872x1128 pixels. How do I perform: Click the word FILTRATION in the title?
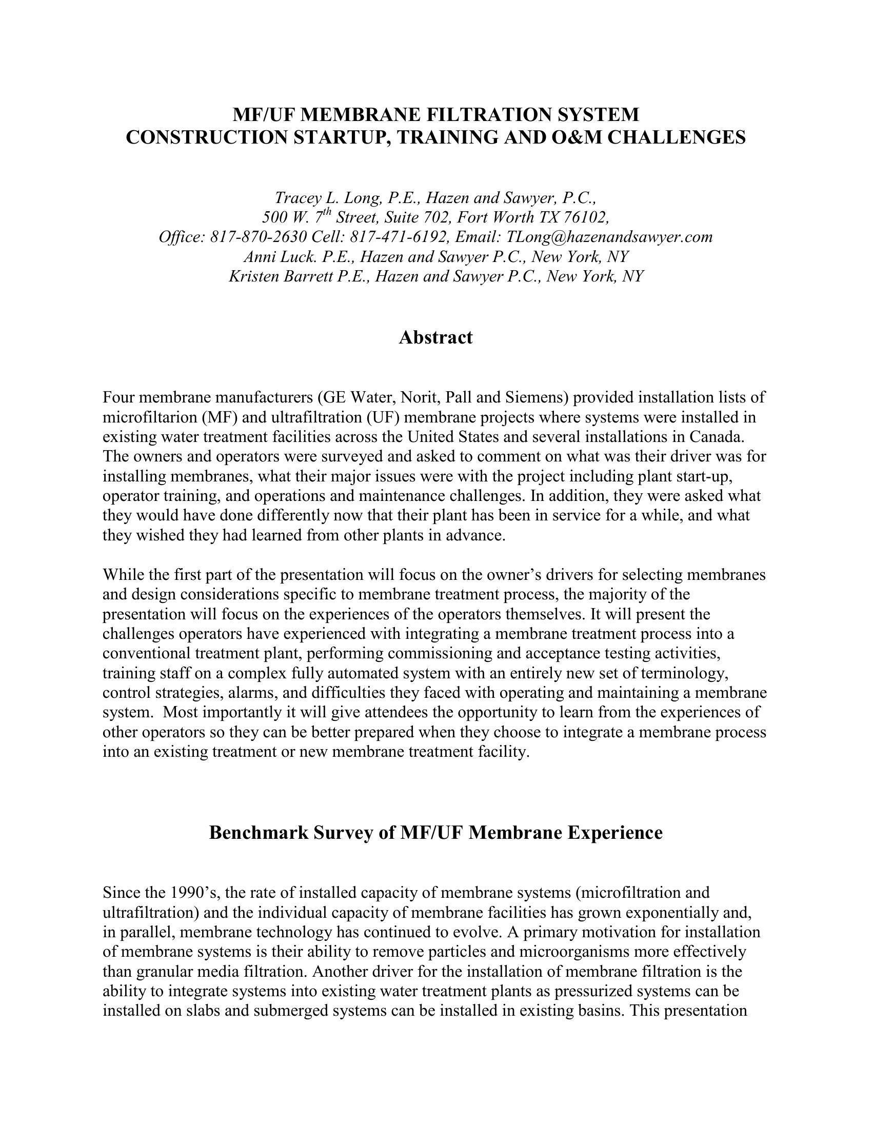(485, 114)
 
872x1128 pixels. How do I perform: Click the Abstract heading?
(435, 337)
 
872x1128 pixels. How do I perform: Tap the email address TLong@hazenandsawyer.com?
(609, 236)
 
